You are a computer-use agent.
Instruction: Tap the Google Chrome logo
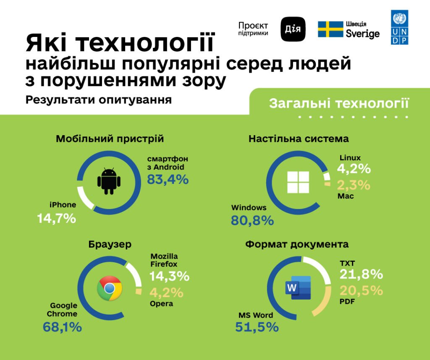click(109, 288)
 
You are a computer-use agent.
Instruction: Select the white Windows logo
click(298, 183)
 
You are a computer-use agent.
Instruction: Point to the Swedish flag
click(330, 29)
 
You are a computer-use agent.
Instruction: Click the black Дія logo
click(293, 29)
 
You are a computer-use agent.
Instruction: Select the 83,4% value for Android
click(168, 179)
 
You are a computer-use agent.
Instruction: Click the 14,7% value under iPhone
click(57, 218)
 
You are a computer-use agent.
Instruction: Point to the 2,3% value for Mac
click(354, 185)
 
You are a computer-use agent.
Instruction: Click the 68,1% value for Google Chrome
click(62, 327)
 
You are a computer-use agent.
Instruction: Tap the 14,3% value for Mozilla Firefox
click(169, 277)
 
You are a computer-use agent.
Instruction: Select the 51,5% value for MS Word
click(257, 327)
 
